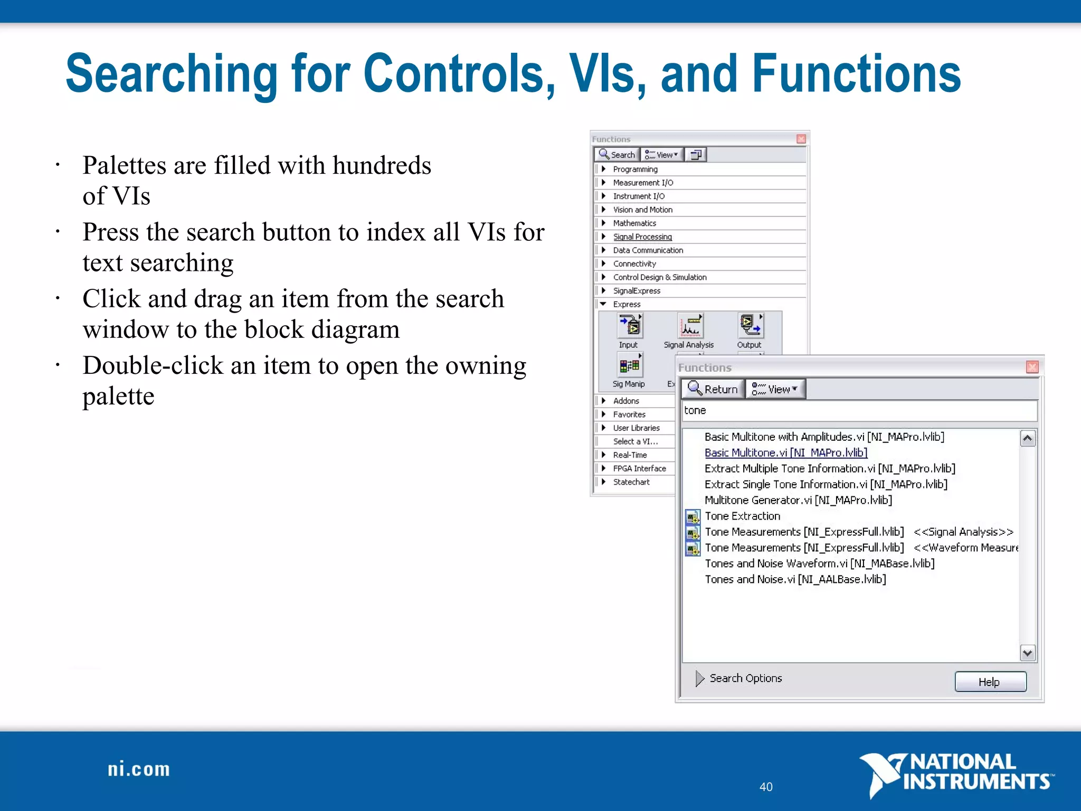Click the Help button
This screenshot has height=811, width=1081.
point(990,682)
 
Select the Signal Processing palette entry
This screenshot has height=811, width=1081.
point(642,237)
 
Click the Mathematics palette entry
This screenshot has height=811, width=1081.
point(634,223)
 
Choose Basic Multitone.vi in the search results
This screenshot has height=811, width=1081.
point(785,452)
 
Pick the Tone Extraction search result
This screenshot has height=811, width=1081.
point(742,516)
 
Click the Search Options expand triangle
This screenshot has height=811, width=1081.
point(699,678)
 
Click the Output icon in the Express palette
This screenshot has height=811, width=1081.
point(750,326)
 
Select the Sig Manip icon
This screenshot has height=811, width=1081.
point(629,365)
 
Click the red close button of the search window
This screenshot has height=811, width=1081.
point(1032,367)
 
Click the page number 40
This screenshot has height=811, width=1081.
point(766,787)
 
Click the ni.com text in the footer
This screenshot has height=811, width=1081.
point(139,769)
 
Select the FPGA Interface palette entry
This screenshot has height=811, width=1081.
point(639,468)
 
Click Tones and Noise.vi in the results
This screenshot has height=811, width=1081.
point(795,579)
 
